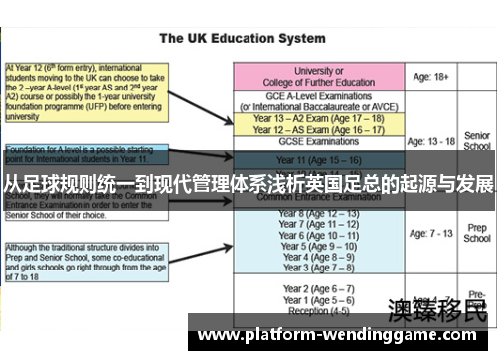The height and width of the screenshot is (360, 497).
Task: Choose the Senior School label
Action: tap(477, 140)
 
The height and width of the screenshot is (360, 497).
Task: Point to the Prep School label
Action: tap(477, 233)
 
